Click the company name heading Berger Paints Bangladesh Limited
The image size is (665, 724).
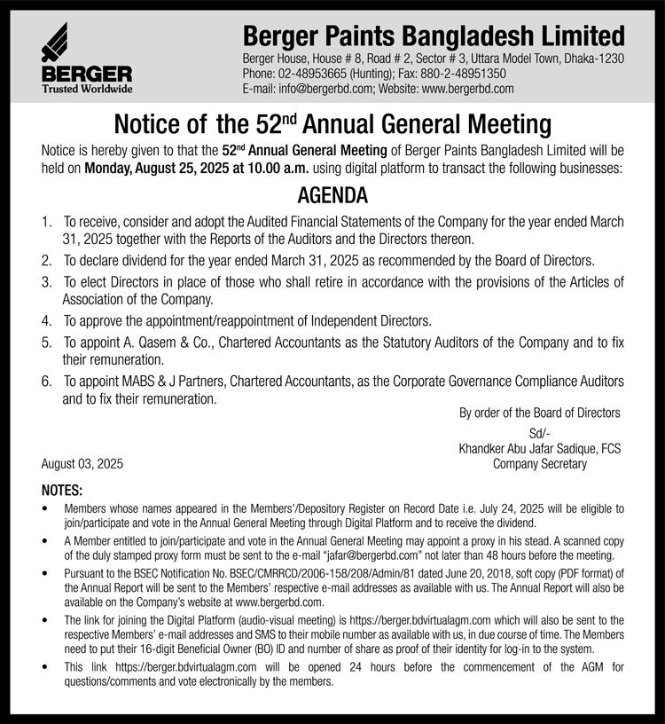[x=434, y=36]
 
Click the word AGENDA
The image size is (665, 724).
[x=332, y=196]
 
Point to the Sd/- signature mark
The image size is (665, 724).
[x=539, y=433]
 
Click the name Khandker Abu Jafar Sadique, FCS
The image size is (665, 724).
[x=539, y=449]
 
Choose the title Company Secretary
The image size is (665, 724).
[x=539, y=464]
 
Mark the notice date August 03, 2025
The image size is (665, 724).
[x=82, y=464]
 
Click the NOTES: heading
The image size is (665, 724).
[x=62, y=491]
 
